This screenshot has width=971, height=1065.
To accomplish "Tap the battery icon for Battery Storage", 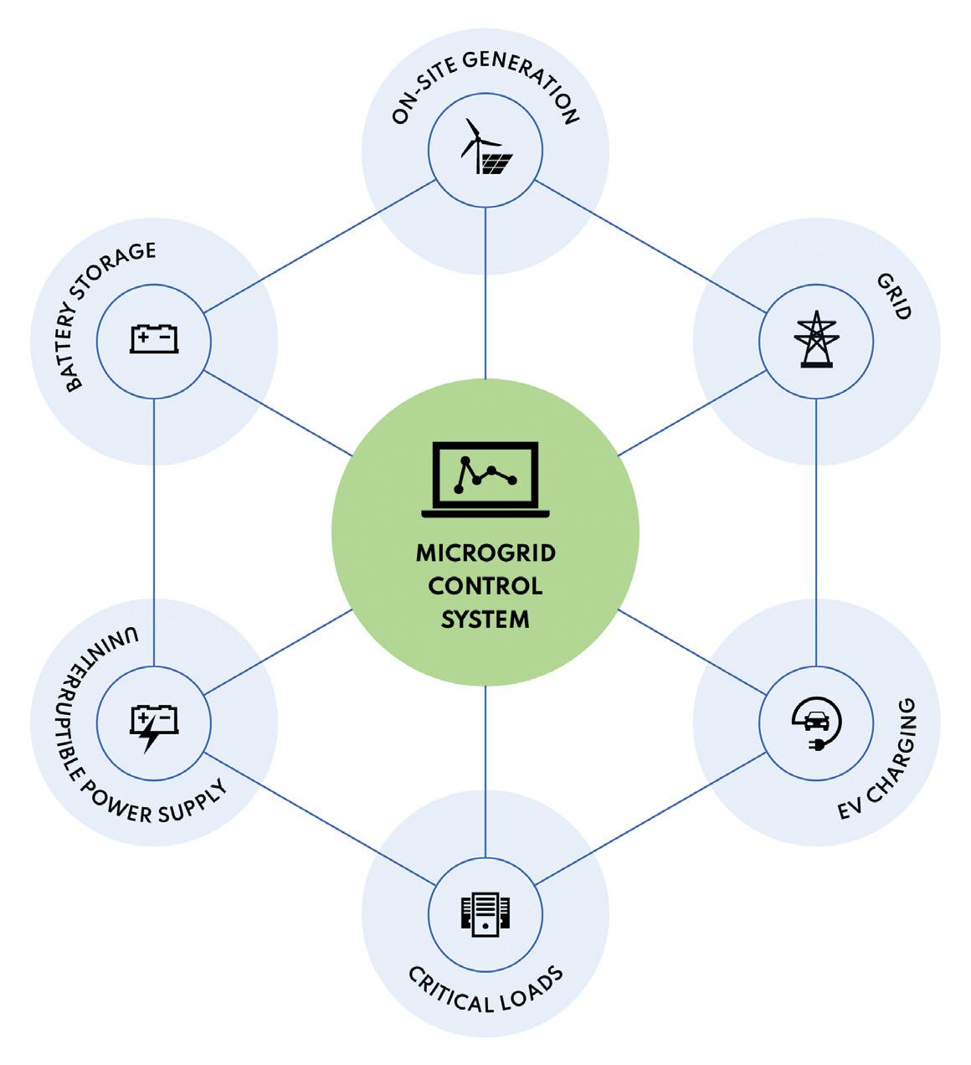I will coord(154,340).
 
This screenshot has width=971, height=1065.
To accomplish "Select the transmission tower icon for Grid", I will coord(816,340).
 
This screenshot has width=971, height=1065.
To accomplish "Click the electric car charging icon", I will coord(816,722).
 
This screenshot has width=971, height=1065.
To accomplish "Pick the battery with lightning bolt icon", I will coord(154,725).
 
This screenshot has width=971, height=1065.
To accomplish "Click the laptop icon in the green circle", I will coord(485,479).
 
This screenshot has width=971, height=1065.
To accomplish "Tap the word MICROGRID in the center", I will coord(485,553).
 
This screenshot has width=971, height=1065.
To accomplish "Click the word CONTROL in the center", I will coord(485,586).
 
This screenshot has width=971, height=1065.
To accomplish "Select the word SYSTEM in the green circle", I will coord(485,620).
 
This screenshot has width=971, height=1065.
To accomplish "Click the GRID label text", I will coord(893,296).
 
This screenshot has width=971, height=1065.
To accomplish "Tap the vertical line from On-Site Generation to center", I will coord(485,293).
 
